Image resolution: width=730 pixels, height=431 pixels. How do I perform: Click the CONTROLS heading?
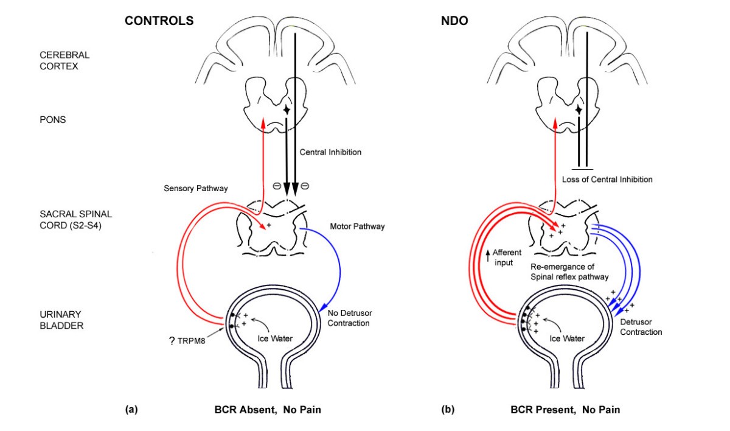(159, 21)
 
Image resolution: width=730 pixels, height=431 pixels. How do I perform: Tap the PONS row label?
(52, 120)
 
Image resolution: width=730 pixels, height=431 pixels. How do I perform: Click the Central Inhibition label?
(331, 152)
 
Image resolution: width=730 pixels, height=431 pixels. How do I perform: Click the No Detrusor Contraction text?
(350, 318)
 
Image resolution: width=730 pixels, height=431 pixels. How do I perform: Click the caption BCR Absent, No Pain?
(271, 410)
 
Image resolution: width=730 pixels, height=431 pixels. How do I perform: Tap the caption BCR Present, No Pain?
(565, 410)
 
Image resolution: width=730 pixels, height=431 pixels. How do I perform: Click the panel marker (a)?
(131, 410)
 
